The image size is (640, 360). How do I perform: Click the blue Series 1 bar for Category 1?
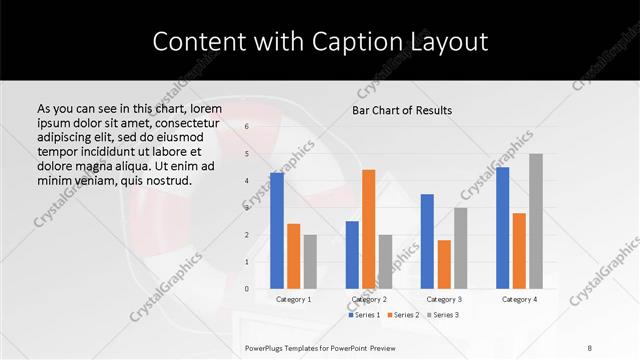(x=277, y=231)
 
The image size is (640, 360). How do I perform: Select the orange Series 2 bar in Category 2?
(x=368, y=230)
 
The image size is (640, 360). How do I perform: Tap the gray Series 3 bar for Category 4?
(x=536, y=221)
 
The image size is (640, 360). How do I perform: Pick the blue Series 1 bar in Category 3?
(x=427, y=241)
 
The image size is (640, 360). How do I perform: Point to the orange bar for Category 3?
(x=444, y=264)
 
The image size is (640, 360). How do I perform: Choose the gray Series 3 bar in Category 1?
(x=310, y=262)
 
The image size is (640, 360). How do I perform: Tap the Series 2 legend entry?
(x=404, y=315)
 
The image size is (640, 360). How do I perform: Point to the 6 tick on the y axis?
(x=246, y=127)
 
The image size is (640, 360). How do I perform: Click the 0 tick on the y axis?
(x=246, y=289)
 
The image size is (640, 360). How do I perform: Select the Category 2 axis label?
(x=368, y=299)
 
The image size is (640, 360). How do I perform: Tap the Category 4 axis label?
(x=519, y=299)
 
